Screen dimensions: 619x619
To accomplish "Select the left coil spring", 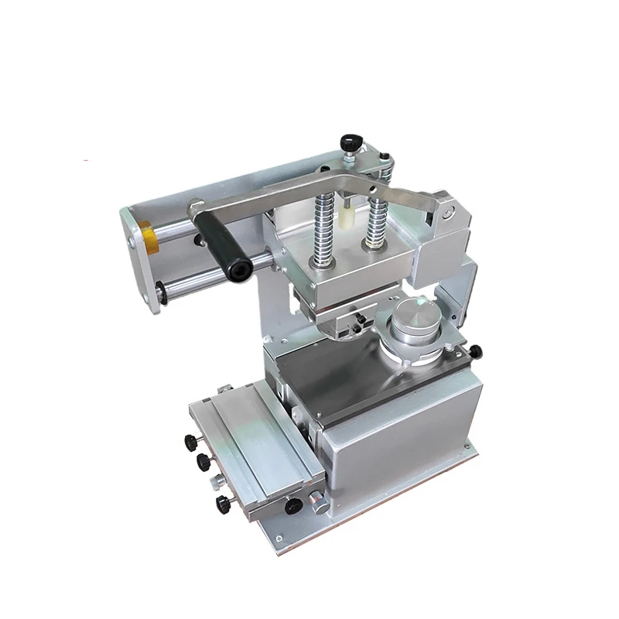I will pos(322,227).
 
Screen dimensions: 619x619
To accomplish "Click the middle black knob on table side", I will pos(204,463).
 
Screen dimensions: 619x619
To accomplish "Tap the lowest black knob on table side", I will pos(223,504).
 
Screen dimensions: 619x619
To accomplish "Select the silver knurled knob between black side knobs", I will pos(211,485).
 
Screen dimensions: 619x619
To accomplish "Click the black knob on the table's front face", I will pos(293,507).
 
